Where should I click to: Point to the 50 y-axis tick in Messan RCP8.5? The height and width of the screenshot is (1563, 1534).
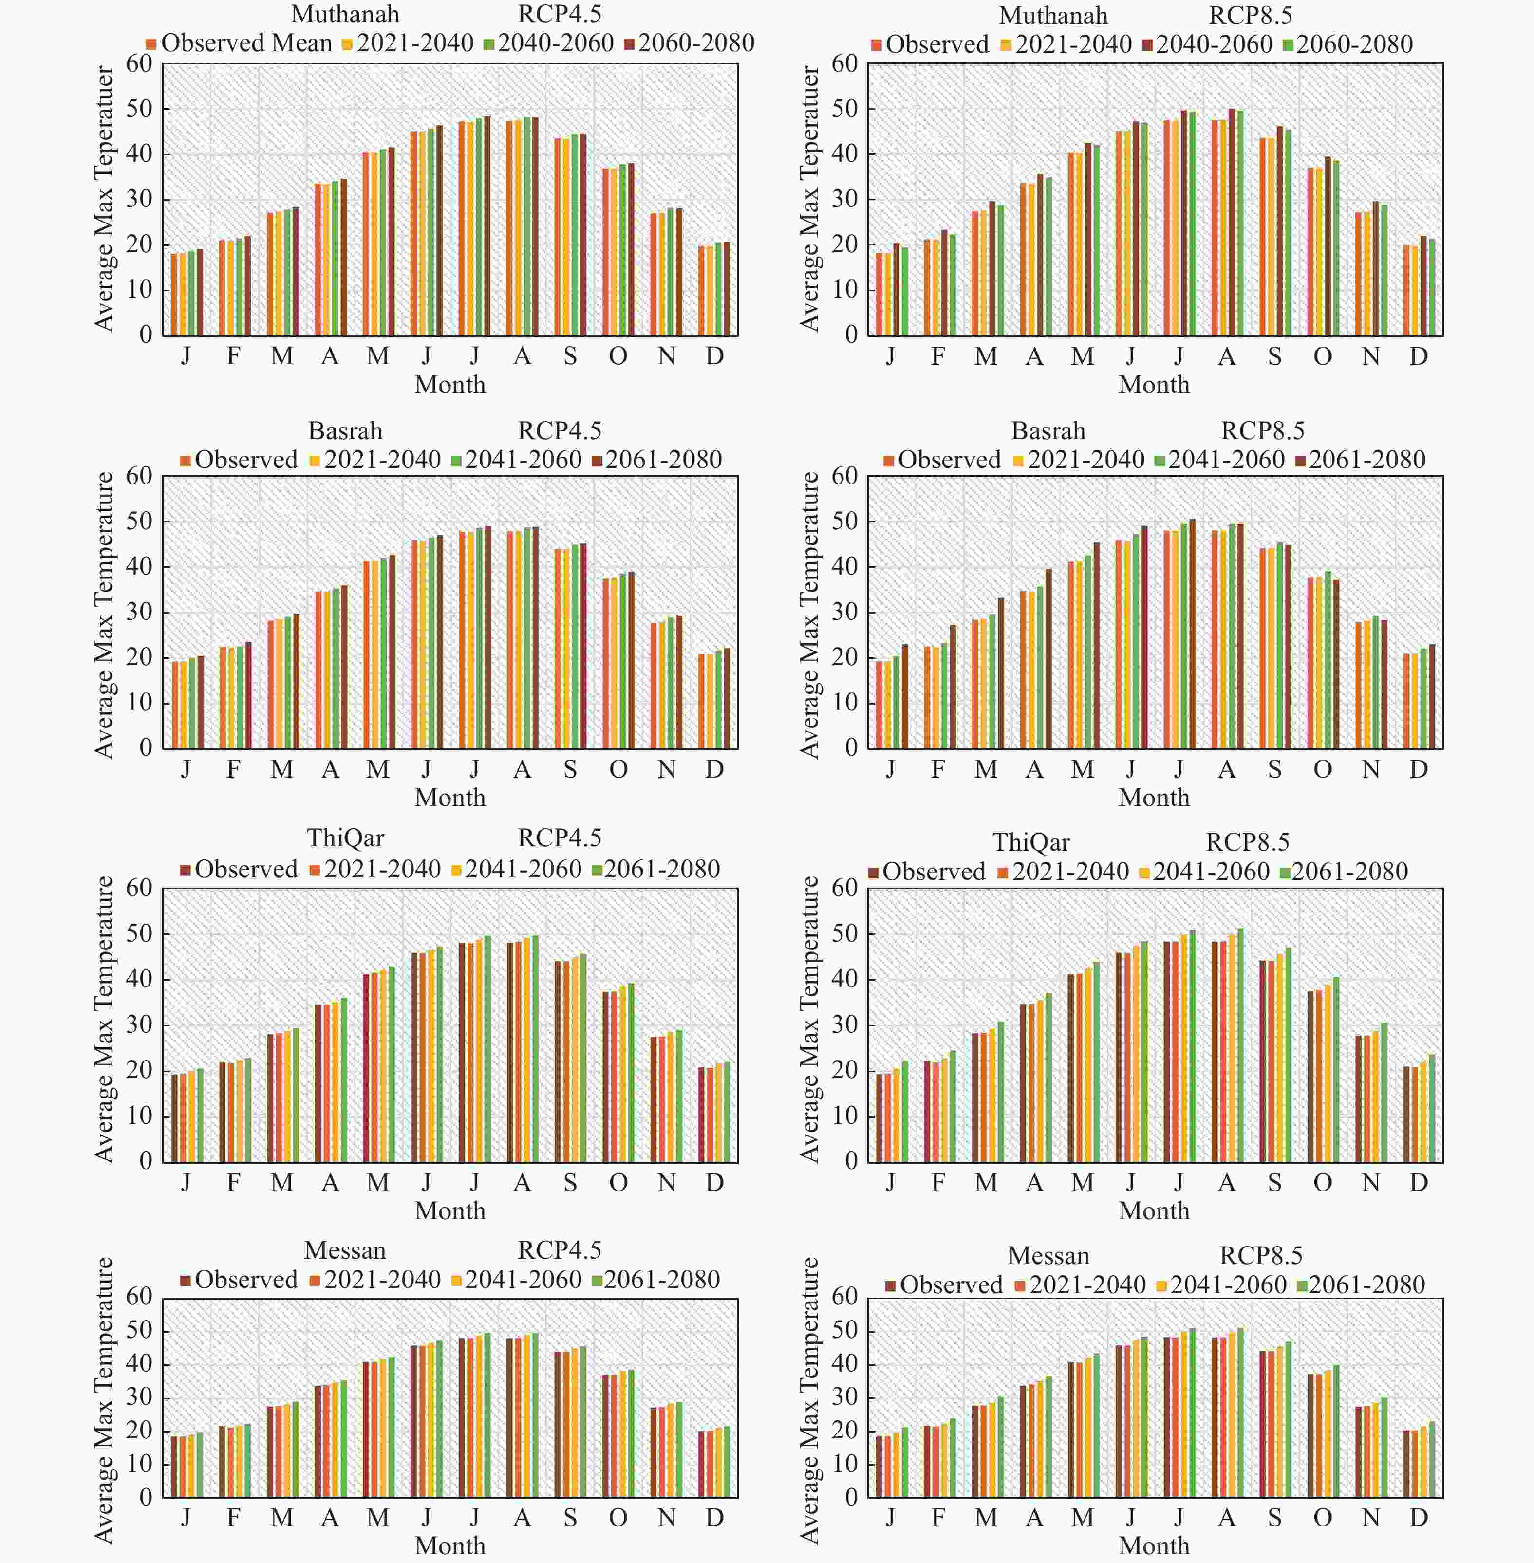click(845, 1330)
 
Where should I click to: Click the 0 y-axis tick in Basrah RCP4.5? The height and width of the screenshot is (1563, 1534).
click(146, 748)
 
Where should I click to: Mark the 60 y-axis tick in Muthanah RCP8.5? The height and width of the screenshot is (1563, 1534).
click(845, 64)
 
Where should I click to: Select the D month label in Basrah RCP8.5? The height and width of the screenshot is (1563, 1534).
click(1419, 769)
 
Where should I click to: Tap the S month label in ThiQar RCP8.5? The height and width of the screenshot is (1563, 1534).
click(1274, 1183)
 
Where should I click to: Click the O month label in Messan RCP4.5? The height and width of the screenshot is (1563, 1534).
click(618, 1518)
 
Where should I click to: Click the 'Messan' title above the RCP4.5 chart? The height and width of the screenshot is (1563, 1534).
click(345, 1250)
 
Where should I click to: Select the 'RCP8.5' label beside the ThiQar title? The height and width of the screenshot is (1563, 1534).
click(1247, 842)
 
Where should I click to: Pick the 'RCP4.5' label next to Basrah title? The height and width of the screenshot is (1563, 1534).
click(559, 431)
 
